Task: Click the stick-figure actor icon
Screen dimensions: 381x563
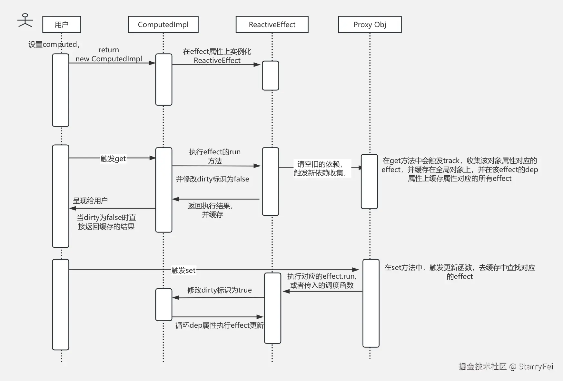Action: click(x=25, y=20)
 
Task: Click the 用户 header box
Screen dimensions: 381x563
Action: click(x=62, y=25)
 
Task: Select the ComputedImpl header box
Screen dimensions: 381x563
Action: click(x=163, y=25)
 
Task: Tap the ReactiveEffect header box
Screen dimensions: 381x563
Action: click(x=272, y=25)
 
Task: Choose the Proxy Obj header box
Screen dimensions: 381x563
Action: click(x=370, y=25)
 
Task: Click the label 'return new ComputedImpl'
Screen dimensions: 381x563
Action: click(x=109, y=55)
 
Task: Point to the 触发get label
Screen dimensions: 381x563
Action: click(x=113, y=159)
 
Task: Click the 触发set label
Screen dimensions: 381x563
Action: click(x=183, y=270)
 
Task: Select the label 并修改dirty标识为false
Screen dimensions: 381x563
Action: click(x=212, y=179)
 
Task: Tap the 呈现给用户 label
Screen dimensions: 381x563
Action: click(x=90, y=201)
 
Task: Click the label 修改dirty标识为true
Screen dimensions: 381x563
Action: click(x=219, y=290)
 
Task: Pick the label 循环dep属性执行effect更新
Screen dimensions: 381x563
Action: click(x=219, y=325)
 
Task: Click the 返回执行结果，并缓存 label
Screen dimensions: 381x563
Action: click(x=211, y=210)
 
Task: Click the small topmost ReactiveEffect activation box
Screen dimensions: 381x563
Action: click(x=270, y=76)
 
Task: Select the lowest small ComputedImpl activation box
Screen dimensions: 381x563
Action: click(x=163, y=304)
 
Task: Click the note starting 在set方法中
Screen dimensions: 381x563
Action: click(x=459, y=272)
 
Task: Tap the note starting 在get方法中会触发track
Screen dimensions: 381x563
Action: click(x=459, y=170)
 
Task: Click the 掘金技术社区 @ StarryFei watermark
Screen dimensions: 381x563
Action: click(x=505, y=366)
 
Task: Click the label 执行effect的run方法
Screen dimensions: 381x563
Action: click(x=215, y=156)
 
